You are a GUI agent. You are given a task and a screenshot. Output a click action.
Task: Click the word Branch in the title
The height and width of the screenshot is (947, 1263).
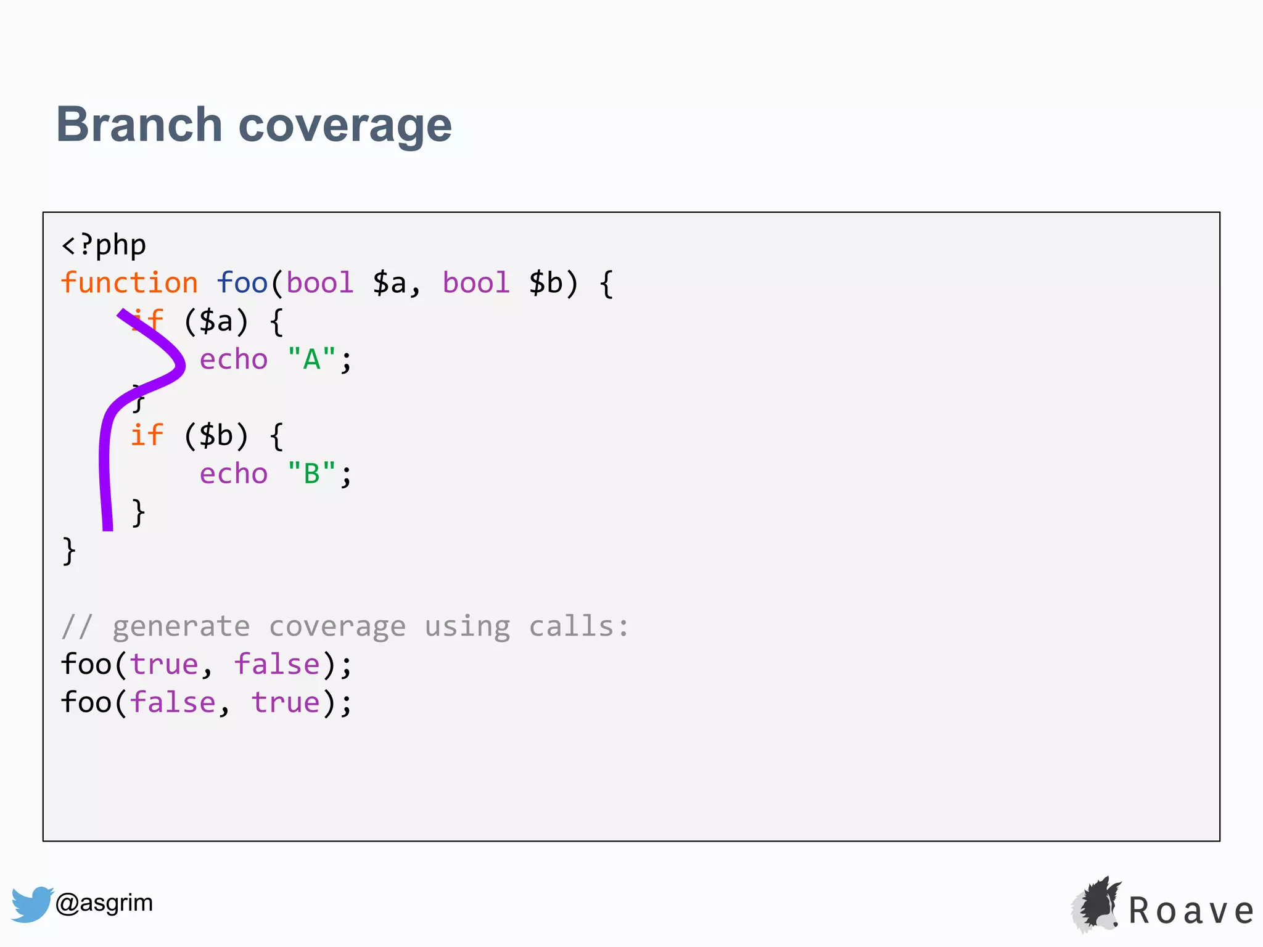(139, 125)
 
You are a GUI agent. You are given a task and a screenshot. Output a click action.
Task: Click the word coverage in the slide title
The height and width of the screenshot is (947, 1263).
(345, 126)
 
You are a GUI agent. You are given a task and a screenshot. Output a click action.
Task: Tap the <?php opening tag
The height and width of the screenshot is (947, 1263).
(104, 245)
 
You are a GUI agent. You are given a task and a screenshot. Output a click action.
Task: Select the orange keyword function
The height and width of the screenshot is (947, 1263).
(130, 283)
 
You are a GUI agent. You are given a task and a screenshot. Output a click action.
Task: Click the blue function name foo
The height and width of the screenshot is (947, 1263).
(242, 283)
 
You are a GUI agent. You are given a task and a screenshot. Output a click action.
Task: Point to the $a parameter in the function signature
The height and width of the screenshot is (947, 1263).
(390, 283)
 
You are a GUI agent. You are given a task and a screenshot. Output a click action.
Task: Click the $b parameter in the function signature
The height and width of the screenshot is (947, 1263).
(546, 283)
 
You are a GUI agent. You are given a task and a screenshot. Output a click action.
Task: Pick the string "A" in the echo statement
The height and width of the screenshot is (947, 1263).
(311, 359)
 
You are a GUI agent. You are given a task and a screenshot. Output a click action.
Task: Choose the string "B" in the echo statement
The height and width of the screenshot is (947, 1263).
(311, 474)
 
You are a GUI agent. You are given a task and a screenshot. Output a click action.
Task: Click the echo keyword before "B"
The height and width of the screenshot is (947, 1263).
(234, 474)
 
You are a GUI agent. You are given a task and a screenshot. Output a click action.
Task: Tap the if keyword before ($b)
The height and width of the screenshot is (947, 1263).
(147, 435)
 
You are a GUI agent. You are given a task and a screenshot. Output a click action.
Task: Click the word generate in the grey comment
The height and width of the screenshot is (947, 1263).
(181, 626)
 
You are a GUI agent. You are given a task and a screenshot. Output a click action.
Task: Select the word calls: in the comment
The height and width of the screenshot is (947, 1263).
(578, 626)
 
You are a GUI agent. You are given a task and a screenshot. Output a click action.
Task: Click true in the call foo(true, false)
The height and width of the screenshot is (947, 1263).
(164, 665)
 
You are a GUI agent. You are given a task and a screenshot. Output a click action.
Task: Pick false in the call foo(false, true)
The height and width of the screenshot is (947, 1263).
(173, 703)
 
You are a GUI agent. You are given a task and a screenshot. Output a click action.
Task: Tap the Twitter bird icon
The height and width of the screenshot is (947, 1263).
(31, 904)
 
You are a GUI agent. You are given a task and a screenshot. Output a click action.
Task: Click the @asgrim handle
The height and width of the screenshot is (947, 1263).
(104, 903)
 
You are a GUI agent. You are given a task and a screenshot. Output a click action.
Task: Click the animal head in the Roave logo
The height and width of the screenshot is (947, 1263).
(1097, 905)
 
